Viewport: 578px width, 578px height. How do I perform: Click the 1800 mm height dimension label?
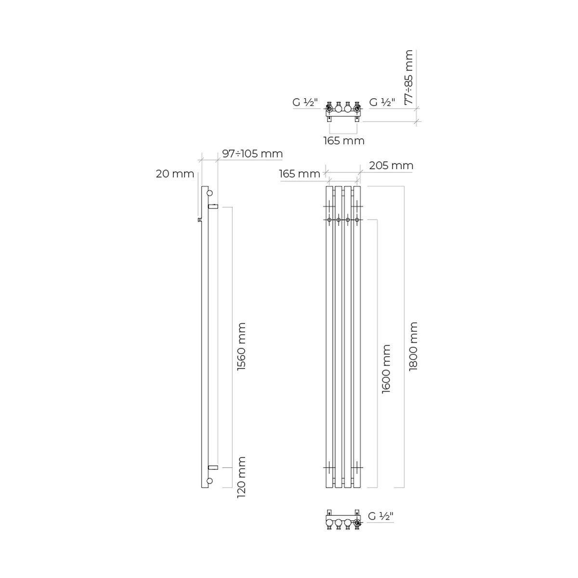(413, 346)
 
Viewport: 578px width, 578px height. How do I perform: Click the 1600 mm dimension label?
(386, 368)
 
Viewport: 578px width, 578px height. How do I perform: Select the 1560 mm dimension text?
(241, 346)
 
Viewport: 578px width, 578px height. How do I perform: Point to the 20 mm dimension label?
(175, 174)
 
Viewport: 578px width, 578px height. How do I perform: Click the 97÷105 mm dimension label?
(252, 154)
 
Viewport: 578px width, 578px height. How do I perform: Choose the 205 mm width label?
(391, 165)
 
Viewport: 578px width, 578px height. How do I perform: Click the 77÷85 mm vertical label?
(409, 78)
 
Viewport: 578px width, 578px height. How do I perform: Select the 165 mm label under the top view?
(344, 140)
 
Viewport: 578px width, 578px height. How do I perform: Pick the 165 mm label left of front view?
(299, 174)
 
